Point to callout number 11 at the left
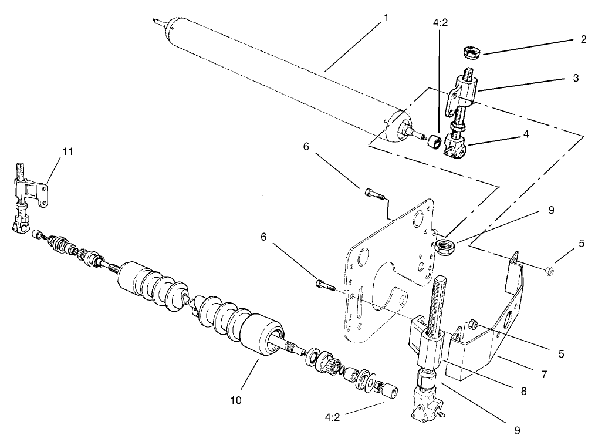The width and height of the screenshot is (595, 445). (67, 151)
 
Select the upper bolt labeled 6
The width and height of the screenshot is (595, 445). (370, 192)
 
